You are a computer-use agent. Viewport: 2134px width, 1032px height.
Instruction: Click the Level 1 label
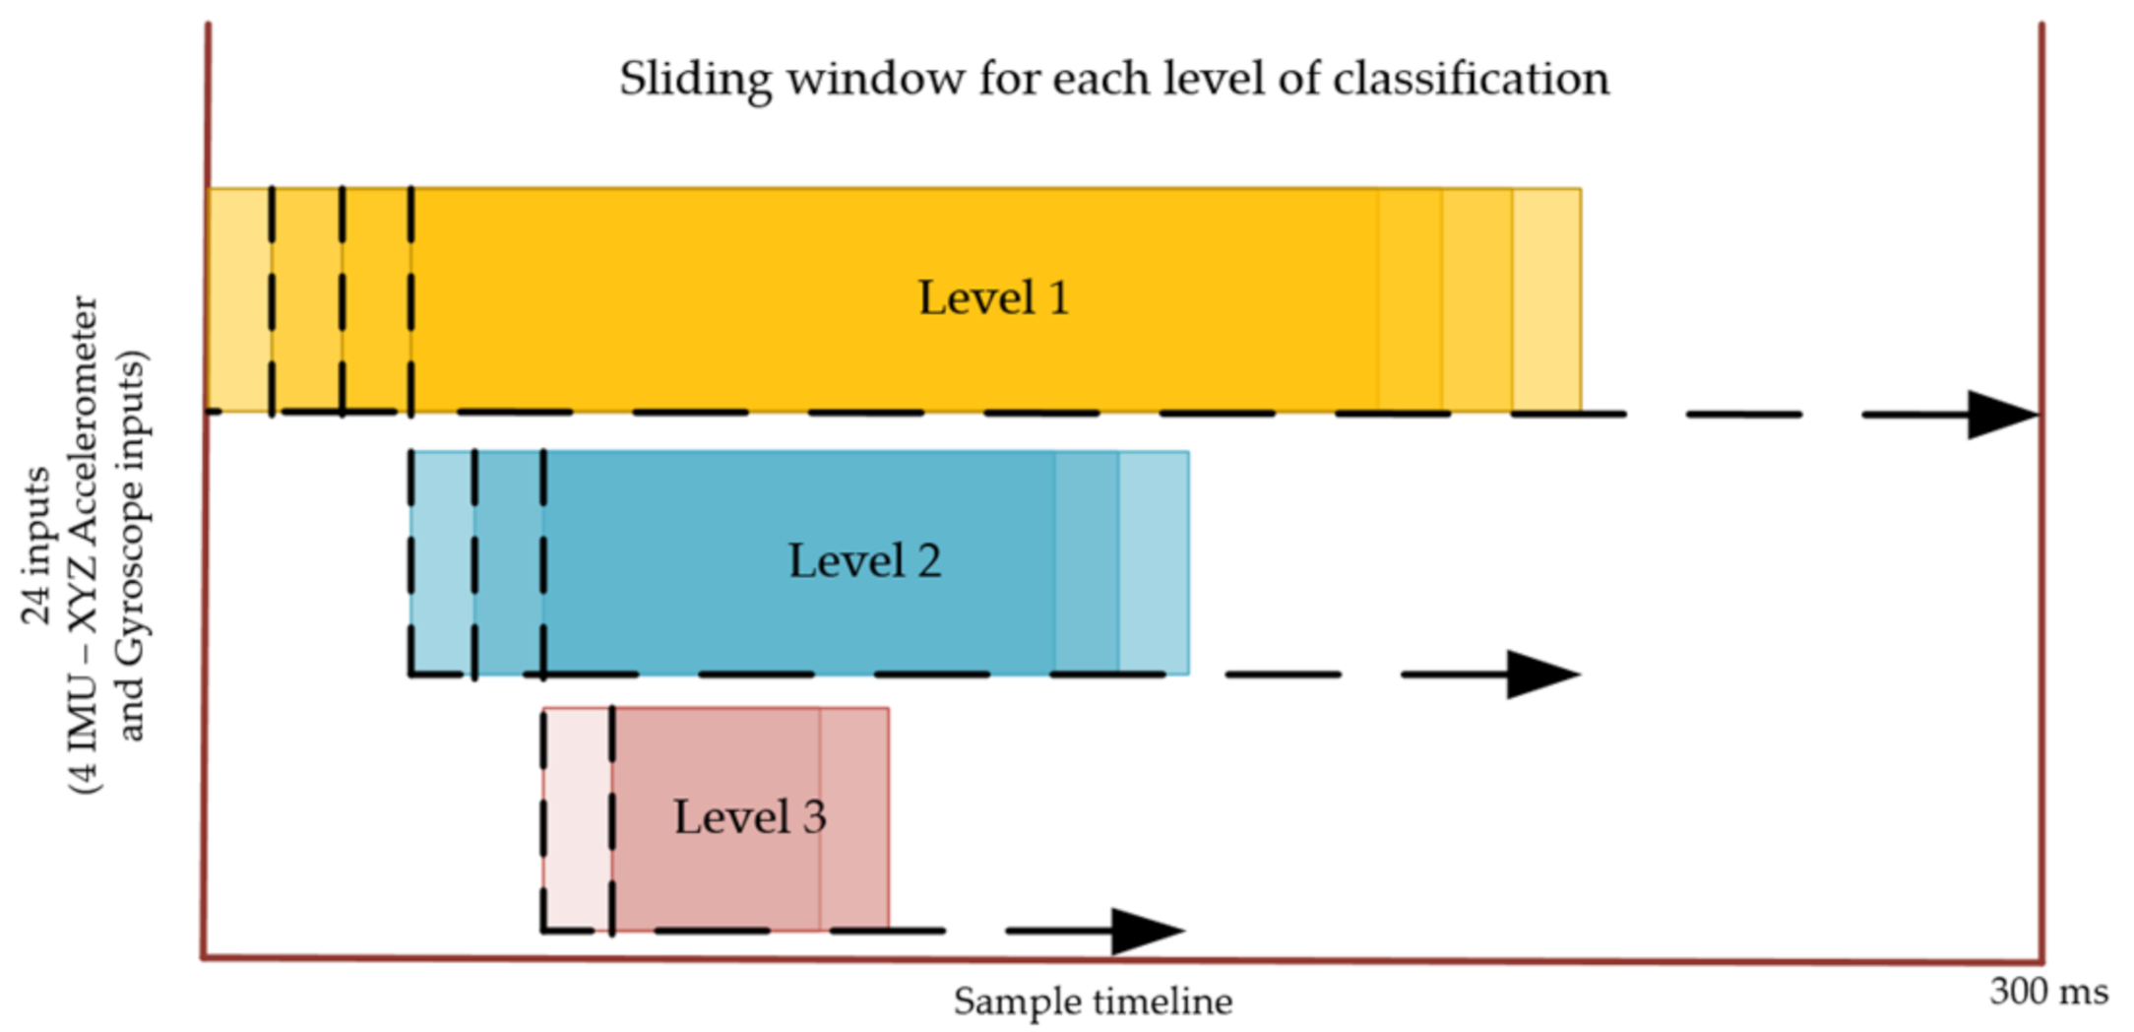(992, 297)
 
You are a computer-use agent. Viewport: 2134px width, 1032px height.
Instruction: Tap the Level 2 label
(864, 560)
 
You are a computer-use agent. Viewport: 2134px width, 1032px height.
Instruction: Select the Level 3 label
(749, 816)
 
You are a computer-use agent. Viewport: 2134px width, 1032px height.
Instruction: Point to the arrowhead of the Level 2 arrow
(1540, 675)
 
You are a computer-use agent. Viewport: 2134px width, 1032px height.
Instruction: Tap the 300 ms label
(2048, 991)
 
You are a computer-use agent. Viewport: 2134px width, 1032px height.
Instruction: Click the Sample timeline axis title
(1093, 1001)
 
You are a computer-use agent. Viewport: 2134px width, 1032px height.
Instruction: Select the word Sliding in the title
(695, 79)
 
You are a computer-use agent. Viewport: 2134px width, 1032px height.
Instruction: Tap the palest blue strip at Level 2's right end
(1154, 562)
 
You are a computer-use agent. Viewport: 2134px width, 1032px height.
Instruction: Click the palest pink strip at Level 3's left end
(577, 818)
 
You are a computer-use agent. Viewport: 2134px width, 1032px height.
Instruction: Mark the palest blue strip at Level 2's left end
(442, 562)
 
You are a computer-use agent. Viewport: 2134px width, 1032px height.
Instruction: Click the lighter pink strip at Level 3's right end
(853, 818)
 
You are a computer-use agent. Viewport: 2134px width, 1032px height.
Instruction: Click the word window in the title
(875, 79)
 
